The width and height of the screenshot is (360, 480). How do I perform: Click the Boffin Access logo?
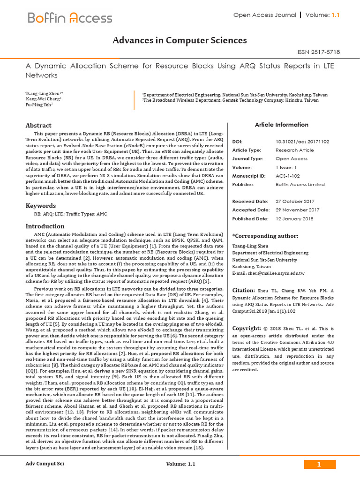point(70,18)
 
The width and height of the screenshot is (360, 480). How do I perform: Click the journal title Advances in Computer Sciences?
point(180,41)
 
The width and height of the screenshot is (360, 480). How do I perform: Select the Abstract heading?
point(38,126)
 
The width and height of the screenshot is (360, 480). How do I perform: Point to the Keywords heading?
point(41,205)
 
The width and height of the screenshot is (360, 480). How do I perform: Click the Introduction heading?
point(45,226)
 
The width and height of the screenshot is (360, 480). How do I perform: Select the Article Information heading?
point(281,125)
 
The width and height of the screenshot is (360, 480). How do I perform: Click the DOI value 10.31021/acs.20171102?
point(302,142)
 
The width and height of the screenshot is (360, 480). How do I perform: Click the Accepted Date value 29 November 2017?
point(298,210)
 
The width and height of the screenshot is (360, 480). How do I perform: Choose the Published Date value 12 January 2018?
point(295,218)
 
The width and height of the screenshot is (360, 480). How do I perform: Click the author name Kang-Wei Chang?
point(43,99)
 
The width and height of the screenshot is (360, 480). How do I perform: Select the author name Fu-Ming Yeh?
point(38,105)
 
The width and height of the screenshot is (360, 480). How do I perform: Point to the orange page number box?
point(320,464)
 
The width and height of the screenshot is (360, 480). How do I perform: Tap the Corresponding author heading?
point(265,236)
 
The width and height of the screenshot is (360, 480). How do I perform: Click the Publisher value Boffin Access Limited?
point(300,185)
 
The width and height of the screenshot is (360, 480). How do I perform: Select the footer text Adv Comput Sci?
point(45,464)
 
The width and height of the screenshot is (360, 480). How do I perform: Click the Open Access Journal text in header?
point(265,15)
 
